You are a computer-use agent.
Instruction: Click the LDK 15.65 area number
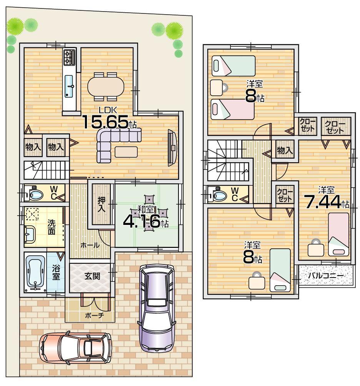(x=105, y=122)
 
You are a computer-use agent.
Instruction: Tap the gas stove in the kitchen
(x=69, y=58)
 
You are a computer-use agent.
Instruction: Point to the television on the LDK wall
(x=171, y=148)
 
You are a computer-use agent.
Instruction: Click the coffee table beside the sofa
(x=126, y=152)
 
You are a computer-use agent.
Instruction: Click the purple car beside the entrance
(x=157, y=306)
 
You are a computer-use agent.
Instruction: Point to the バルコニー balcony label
(x=325, y=276)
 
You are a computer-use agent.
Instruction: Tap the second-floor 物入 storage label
(x=285, y=150)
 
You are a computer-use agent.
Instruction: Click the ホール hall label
(x=90, y=245)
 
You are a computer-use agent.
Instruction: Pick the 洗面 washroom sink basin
(x=30, y=233)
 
